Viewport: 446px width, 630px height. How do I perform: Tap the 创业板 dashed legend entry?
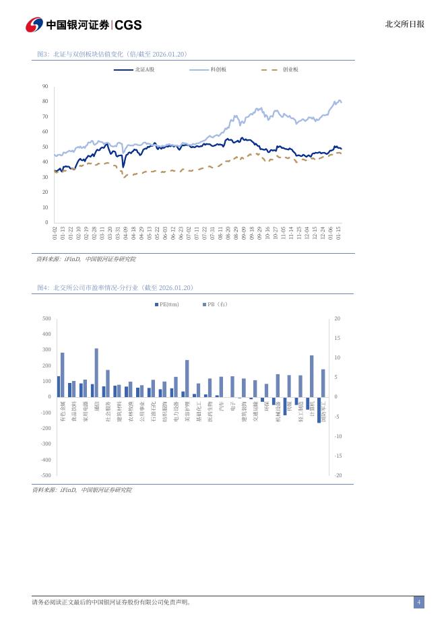(279, 69)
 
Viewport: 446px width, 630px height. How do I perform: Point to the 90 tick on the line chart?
(44, 86)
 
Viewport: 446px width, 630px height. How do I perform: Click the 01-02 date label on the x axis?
(55, 233)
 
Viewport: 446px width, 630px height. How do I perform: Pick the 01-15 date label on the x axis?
(339, 233)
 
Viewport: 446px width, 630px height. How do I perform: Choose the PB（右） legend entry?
(215, 304)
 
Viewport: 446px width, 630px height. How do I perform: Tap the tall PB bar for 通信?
(96, 372)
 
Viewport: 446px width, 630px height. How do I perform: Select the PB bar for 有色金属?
(63, 375)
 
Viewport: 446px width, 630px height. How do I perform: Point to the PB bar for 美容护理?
(187, 378)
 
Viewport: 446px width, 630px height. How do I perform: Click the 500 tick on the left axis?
(46, 318)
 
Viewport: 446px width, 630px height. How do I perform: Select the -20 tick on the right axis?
(337, 475)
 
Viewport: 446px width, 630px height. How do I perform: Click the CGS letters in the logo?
(129, 25)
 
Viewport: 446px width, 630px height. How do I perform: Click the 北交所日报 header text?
(404, 24)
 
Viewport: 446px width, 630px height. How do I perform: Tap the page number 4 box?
(418, 602)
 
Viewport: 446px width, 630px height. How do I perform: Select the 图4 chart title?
(116, 287)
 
